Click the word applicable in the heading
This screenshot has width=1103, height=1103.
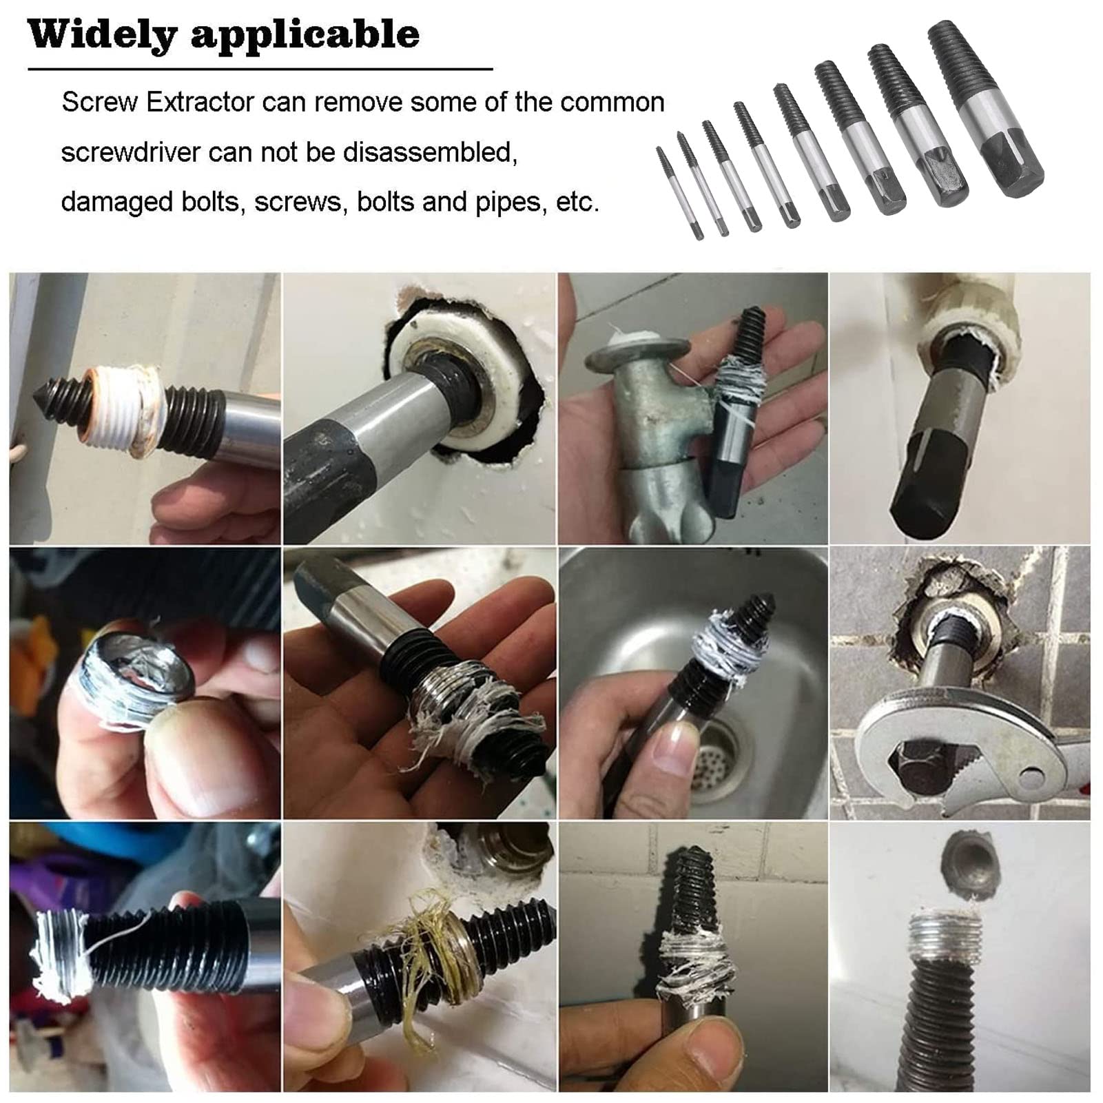tap(305, 34)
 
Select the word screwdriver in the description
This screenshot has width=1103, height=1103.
tap(130, 152)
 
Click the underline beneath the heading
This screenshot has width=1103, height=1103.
tap(260, 69)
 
